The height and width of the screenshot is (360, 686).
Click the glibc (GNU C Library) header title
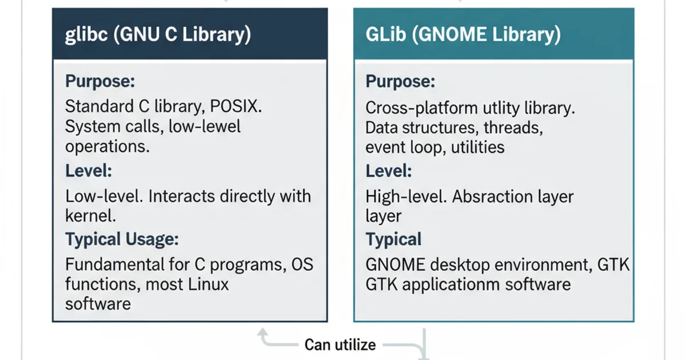(157, 35)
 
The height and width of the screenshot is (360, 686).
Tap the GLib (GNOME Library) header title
(463, 35)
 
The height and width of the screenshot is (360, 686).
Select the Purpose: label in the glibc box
(100, 81)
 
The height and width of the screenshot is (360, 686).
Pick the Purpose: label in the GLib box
(400, 81)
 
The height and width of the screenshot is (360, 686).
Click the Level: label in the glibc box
(89, 171)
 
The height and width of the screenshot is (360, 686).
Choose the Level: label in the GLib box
(389, 171)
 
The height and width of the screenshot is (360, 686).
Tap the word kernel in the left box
(90, 215)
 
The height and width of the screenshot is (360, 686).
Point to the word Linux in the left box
(205, 283)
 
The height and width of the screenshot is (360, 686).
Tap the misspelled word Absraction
(496, 197)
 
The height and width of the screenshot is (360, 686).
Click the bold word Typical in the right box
(393, 239)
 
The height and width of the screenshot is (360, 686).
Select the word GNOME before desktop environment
(394, 265)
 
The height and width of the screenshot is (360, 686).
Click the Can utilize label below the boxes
(340, 345)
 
